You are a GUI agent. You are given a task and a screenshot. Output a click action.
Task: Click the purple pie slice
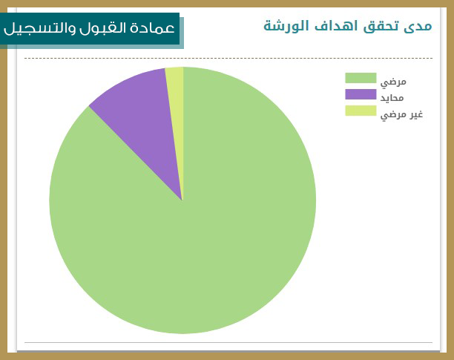point(139,116)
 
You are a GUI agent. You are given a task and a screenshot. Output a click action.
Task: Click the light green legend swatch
point(361,78)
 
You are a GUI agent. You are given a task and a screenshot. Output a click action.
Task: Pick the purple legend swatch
point(361,94)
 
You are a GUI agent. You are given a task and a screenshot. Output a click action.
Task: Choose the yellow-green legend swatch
point(361,111)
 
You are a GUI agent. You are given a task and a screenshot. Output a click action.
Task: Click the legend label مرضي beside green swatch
point(393,82)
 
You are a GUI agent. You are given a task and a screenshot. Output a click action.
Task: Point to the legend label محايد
point(392,98)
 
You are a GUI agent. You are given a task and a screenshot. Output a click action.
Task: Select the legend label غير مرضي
point(401,114)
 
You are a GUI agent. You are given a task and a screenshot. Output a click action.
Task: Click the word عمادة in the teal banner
point(153,28)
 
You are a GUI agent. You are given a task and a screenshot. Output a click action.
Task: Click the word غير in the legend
point(416,114)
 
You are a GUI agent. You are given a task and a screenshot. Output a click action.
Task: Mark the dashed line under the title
point(228,58)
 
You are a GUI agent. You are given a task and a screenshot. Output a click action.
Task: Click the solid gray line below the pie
point(228,342)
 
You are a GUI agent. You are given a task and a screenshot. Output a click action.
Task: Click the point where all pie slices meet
point(182,200)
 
